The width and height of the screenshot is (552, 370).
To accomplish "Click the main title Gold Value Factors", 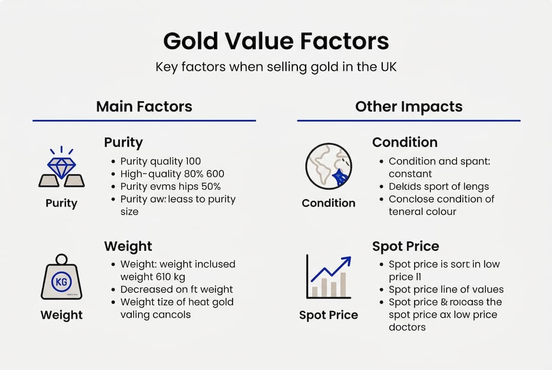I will point(276,41).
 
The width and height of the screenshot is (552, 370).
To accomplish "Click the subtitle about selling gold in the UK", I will point(276,67).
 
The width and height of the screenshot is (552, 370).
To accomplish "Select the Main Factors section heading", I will point(144,107).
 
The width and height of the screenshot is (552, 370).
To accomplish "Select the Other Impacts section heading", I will point(408,107).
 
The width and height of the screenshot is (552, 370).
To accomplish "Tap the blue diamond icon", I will point(62,165).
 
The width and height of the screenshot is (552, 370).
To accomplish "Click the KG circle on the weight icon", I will point(61,282).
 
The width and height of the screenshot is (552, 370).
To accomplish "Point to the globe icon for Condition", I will point(328,166).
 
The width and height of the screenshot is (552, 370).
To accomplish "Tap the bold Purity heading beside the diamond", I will point(123,142).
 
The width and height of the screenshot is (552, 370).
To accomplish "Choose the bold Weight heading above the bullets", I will point(128,246).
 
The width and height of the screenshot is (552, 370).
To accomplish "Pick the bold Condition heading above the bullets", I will point(405,142).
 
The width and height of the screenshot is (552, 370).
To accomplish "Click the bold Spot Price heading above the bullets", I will point(405,246).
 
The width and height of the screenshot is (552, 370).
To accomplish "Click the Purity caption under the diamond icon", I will point(61,203).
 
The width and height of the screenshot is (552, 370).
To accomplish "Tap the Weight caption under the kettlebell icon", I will point(61,314).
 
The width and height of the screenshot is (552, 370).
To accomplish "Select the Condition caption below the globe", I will point(328,203).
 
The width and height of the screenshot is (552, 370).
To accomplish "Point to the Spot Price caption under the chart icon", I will point(328,314).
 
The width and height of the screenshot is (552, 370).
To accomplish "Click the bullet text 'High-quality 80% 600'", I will point(172,174).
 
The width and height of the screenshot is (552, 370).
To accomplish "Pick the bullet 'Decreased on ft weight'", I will point(176,289).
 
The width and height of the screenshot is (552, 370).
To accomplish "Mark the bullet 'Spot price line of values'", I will point(446,289).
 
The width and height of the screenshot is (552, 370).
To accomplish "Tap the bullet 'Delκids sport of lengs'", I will point(438,187).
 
